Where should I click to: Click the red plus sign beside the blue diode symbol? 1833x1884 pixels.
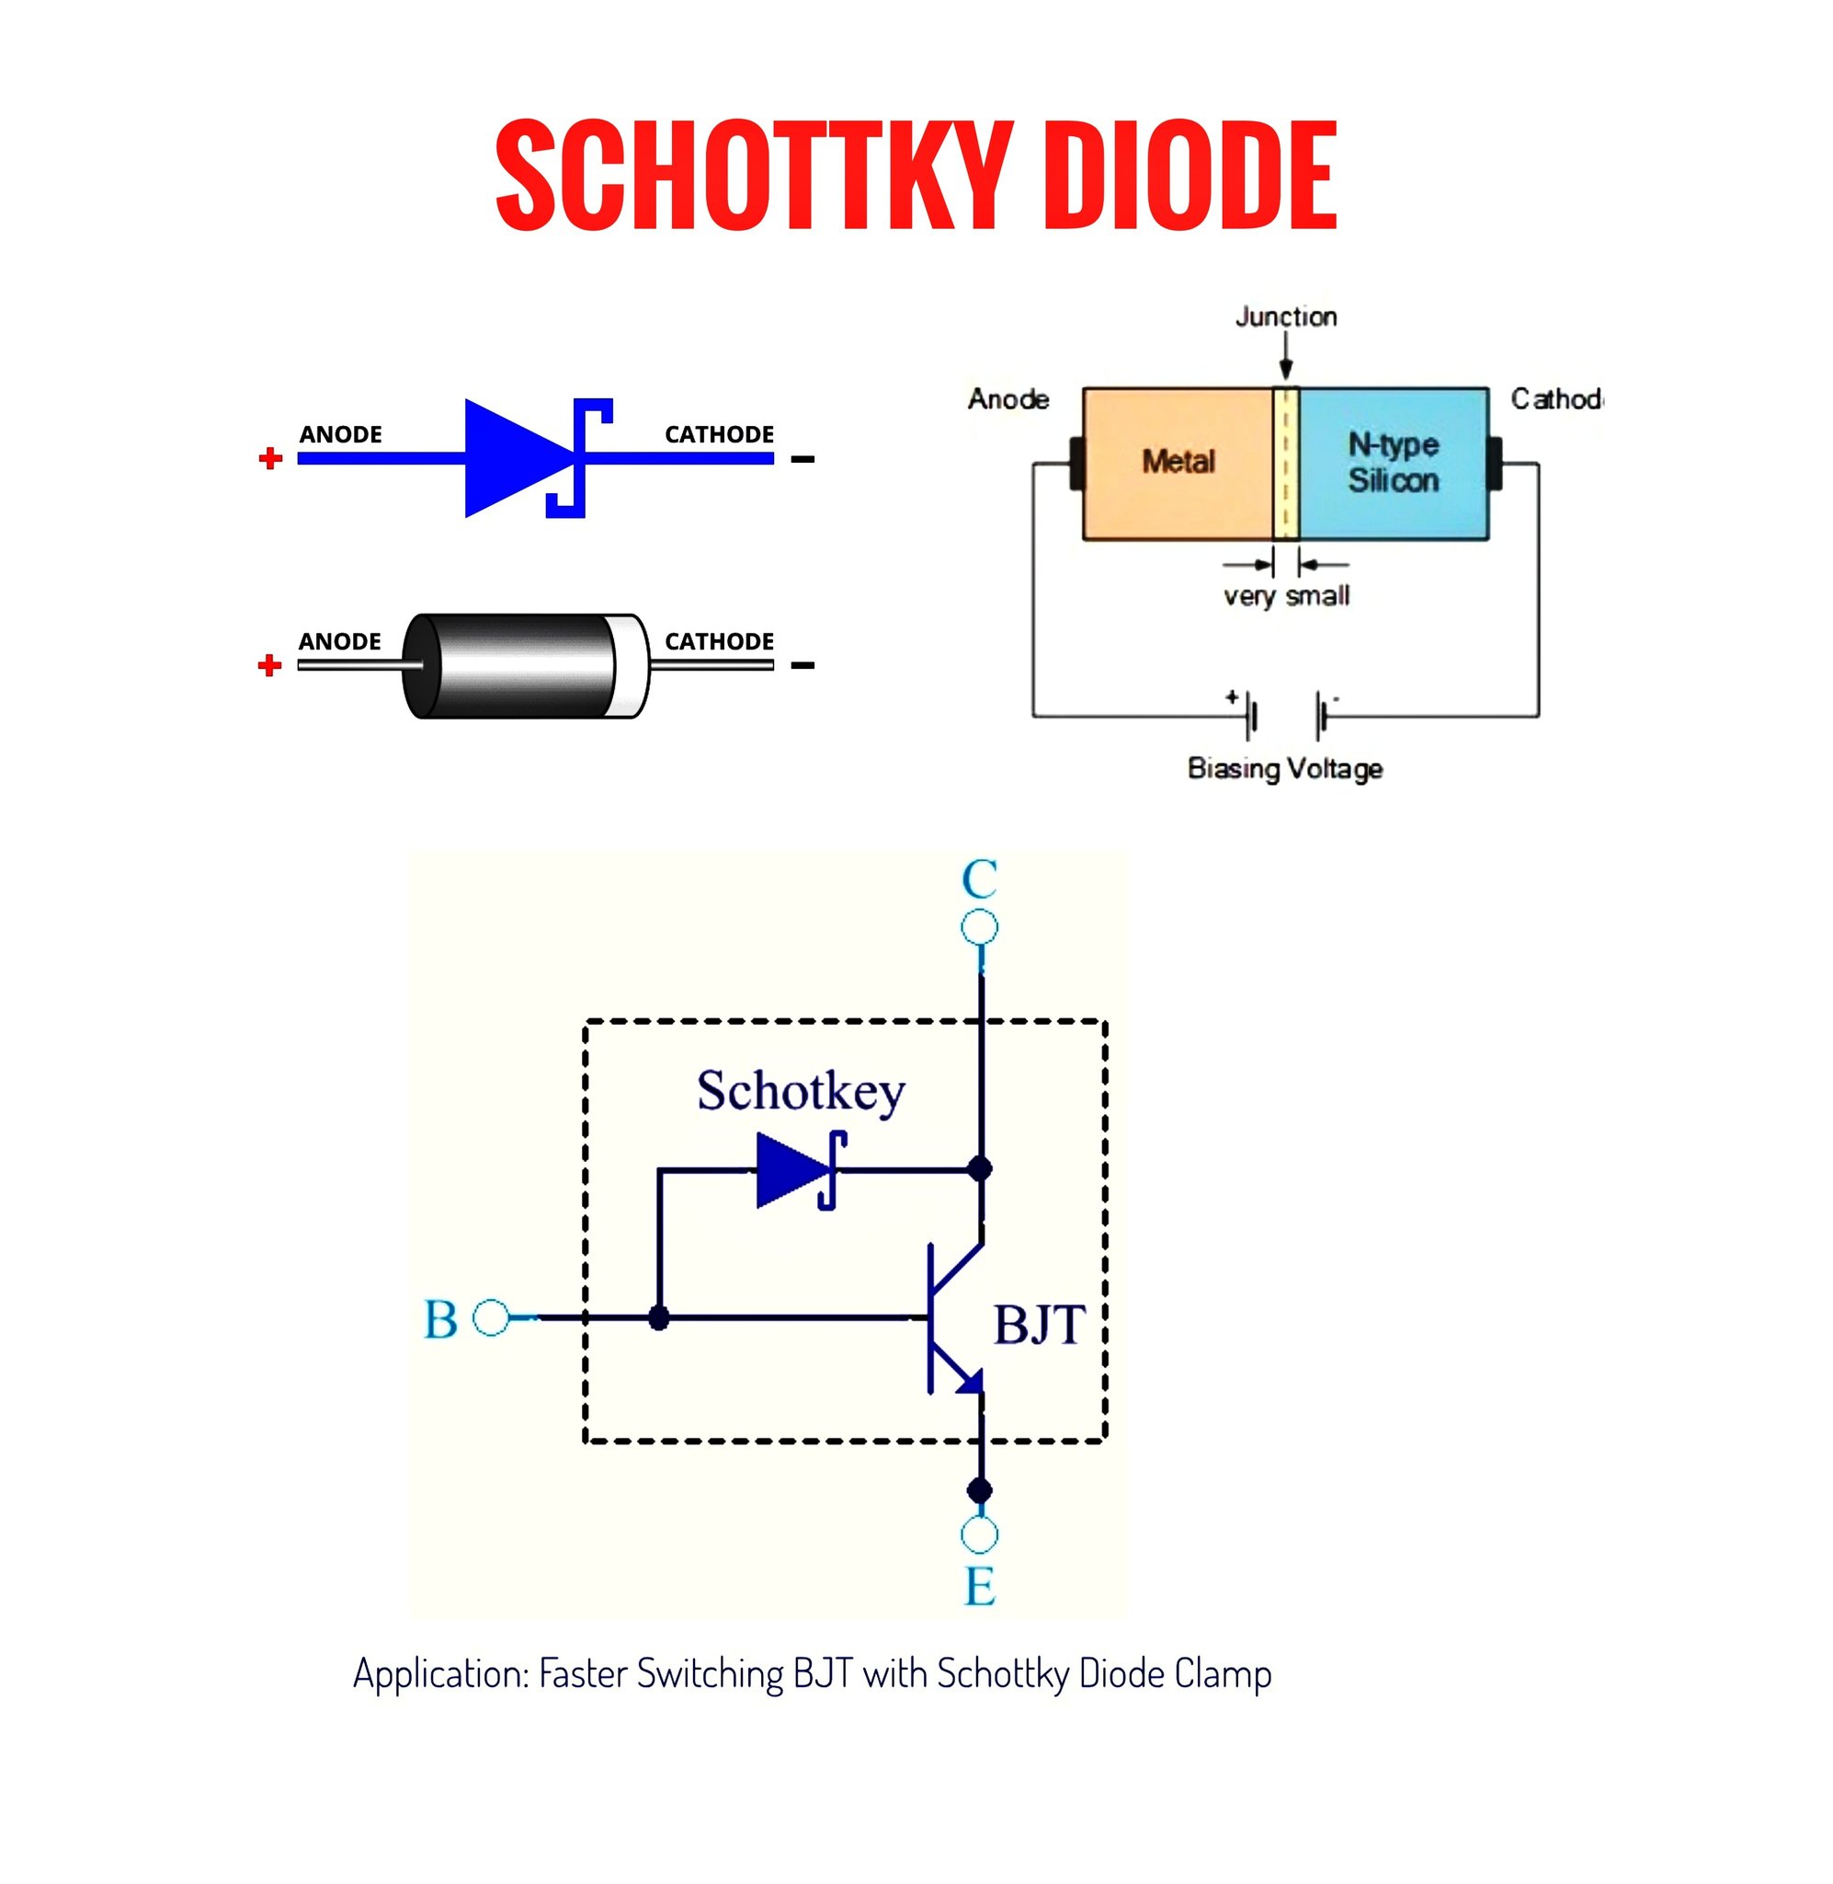coord(270,457)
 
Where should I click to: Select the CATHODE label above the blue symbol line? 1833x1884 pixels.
coord(719,434)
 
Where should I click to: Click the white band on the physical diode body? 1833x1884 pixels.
coord(629,666)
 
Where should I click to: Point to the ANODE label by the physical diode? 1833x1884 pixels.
coord(340,641)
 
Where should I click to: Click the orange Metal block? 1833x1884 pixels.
coord(1178,464)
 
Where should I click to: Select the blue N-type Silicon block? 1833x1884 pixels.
coord(1394,464)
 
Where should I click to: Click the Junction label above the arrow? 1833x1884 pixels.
coord(1286,316)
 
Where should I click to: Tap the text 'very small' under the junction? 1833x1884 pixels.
coord(1286,596)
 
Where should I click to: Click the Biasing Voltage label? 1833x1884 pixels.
coord(1285,769)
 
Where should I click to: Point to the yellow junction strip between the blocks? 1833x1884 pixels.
coord(1286,464)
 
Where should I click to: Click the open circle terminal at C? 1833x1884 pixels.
coord(979,927)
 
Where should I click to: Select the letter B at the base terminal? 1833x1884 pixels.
coord(441,1319)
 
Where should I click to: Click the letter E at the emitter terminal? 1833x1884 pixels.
coord(980,1586)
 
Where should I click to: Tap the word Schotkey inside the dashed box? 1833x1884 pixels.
coord(801,1092)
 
